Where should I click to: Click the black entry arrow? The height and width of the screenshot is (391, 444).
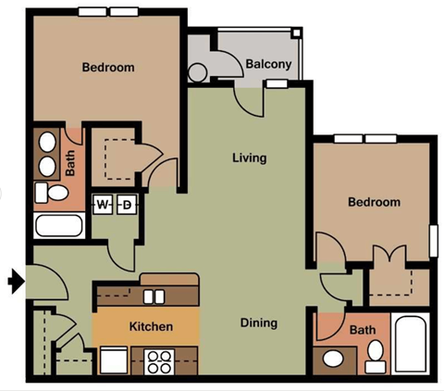tap(15, 281)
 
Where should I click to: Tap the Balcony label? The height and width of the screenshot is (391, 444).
tap(268, 64)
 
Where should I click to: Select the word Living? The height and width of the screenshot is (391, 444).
tap(249, 158)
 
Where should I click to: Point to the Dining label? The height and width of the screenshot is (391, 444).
tap(259, 322)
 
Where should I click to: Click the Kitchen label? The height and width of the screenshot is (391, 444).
tap(151, 327)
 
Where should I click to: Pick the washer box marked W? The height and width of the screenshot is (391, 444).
tap(103, 205)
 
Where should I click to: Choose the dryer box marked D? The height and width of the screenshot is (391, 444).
tap(127, 205)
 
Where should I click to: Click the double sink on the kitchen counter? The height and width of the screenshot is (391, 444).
tap(154, 296)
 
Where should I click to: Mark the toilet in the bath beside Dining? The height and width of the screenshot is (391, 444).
tap(375, 356)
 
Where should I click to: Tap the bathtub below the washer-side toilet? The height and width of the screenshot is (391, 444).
tap(57, 225)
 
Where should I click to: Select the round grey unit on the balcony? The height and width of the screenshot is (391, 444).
tap(198, 72)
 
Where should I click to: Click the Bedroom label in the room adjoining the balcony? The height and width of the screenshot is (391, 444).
tap(108, 68)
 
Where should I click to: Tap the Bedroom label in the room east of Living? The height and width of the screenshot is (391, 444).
tap(374, 202)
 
